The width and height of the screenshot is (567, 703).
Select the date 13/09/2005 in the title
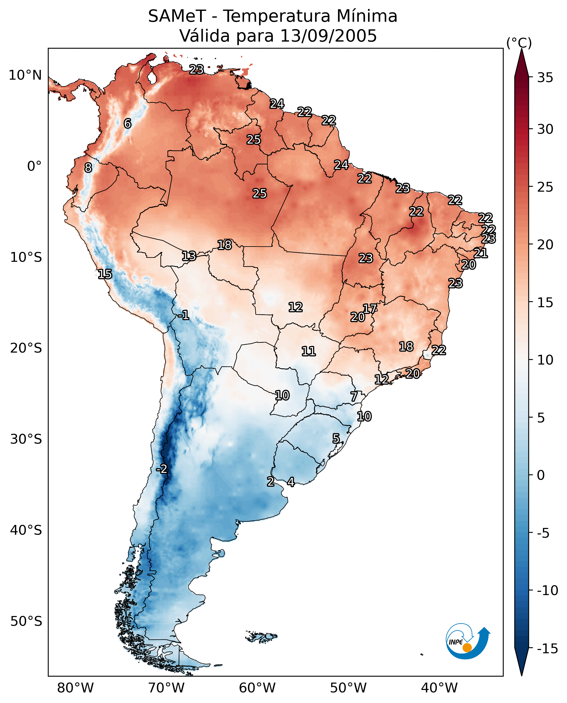coord(329,36)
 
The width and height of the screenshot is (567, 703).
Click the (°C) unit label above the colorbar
coord(519,43)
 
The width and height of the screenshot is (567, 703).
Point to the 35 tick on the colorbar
coord(545,78)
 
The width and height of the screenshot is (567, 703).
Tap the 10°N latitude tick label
coord(25,76)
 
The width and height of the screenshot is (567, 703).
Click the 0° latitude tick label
coord(34,166)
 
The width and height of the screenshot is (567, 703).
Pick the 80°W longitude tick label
coord(76,688)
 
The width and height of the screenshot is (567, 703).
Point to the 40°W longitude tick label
coord(439,688)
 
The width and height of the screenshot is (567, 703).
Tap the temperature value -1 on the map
coord(183,315)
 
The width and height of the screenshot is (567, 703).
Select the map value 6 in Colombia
coord(127,123)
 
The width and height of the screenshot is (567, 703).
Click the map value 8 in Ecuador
coord(88,168)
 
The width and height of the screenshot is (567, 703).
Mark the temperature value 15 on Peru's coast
coord(105,274)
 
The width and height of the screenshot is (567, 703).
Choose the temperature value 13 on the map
coord(189,256)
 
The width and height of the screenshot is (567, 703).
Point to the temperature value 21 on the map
coord(481,253)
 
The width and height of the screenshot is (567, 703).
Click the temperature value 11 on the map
coord(308,351)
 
